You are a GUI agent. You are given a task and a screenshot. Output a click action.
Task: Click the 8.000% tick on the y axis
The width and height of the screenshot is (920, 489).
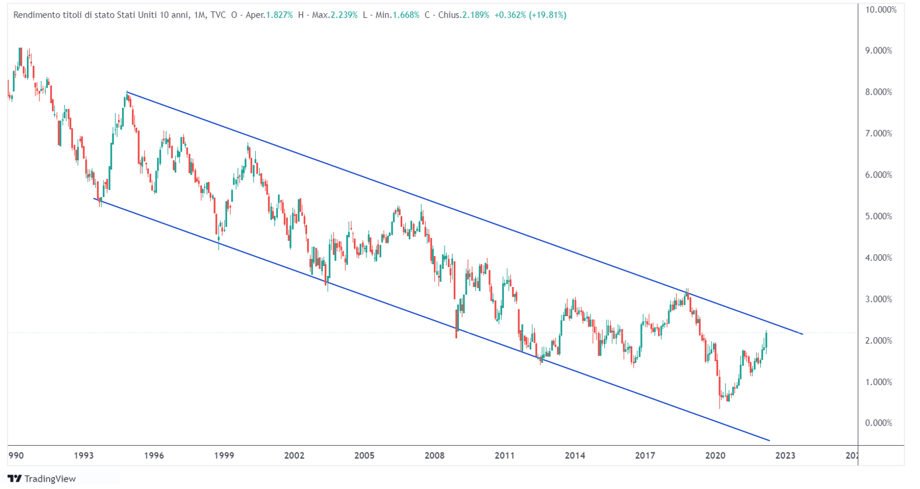click(878, 92)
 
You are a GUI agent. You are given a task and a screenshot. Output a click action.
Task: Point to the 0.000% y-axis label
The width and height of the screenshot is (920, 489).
click(878, 423)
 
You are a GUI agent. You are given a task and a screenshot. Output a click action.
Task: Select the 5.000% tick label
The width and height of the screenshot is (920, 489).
click(878, 216)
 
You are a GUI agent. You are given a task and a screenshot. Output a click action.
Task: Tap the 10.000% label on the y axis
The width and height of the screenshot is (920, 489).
click(881, 10)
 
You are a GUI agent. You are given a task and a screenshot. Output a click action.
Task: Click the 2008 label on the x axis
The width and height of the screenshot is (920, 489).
click(434, 455)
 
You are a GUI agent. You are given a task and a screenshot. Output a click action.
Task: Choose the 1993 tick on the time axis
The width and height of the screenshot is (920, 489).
click(84, 455)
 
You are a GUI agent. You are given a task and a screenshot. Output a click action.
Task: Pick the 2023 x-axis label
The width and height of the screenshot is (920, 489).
click(785, 455)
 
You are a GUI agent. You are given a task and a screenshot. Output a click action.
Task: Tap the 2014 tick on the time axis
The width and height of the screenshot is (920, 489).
click(575, 455)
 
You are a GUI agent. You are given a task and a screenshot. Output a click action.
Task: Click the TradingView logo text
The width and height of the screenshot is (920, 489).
click(50, 479)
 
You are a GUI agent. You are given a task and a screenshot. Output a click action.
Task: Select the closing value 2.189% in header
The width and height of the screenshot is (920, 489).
click(475, 15)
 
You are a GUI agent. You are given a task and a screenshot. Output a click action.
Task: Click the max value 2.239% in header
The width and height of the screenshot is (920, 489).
click(344, 15)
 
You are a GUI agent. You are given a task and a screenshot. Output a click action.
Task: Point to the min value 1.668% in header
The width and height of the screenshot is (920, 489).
click(406, 15)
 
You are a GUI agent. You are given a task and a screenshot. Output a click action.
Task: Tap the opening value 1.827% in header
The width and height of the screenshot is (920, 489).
click(279, 15)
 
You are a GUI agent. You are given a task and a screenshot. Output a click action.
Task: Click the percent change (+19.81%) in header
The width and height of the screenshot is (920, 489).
click(547, 15)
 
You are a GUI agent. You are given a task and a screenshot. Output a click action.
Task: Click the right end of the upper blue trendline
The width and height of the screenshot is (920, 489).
click(802, 334)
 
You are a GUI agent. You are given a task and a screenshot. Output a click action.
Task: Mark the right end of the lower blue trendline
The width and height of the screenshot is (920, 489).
click(769, 440)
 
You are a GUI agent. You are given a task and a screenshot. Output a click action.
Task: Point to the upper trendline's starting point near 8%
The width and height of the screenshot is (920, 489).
click(127, 92)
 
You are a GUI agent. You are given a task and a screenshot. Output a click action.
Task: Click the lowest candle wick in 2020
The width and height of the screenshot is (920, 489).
click(720, 407)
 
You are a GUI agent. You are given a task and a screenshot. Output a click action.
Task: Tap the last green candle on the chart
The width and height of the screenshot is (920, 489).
click(766, 339)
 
